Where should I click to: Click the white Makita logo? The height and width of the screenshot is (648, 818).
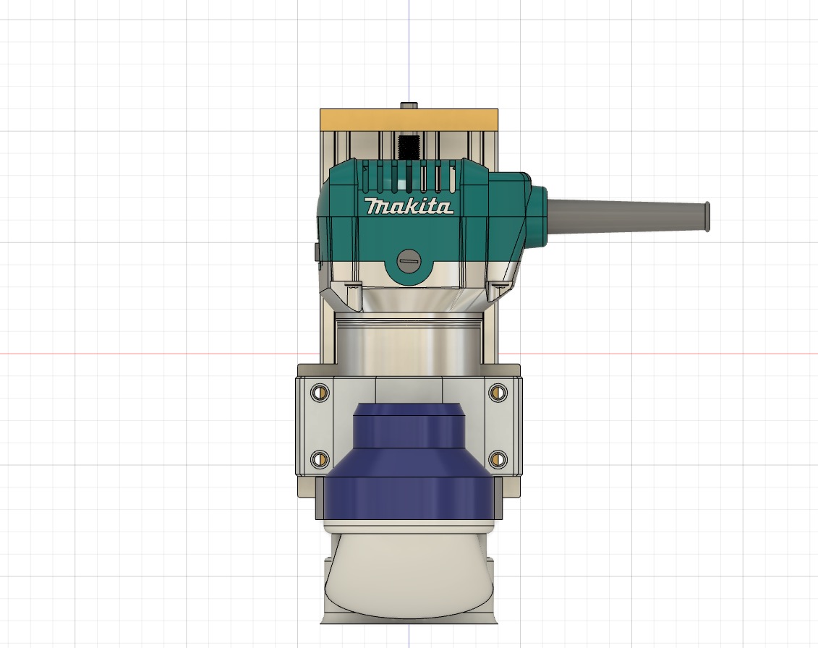(410, 207)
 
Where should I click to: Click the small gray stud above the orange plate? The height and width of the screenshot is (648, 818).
(409, 105)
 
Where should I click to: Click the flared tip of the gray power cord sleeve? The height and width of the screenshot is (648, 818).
(707, 216)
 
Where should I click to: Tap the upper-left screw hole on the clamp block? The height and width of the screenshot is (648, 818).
(317, 393)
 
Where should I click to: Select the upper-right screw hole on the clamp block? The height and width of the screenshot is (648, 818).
(497, 393)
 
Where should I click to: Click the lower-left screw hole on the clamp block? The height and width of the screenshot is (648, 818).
(317, 458)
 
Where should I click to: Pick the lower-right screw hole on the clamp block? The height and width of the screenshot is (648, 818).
(497, 458)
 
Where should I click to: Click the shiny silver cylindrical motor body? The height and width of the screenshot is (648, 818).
(409, 347)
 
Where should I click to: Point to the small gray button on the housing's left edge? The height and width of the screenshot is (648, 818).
(318, 252)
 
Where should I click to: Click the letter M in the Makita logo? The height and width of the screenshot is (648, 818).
(377, 207)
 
